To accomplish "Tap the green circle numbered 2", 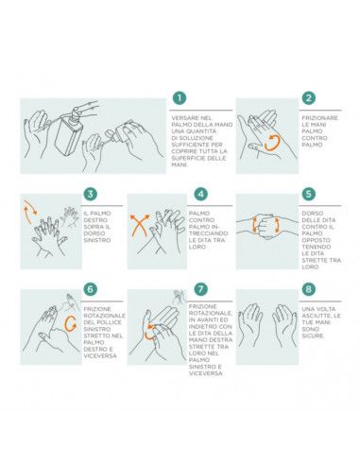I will tap(308, 98).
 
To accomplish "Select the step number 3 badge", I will tap(90, 194).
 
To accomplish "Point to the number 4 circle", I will tap(200, 194).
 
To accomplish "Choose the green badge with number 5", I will tap(308, 194).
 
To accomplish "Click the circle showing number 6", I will tap(90, 288).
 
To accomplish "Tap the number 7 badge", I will tap(200, 288).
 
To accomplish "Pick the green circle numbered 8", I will tap(308, 288).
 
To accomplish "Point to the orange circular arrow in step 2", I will tap(271, 143).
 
